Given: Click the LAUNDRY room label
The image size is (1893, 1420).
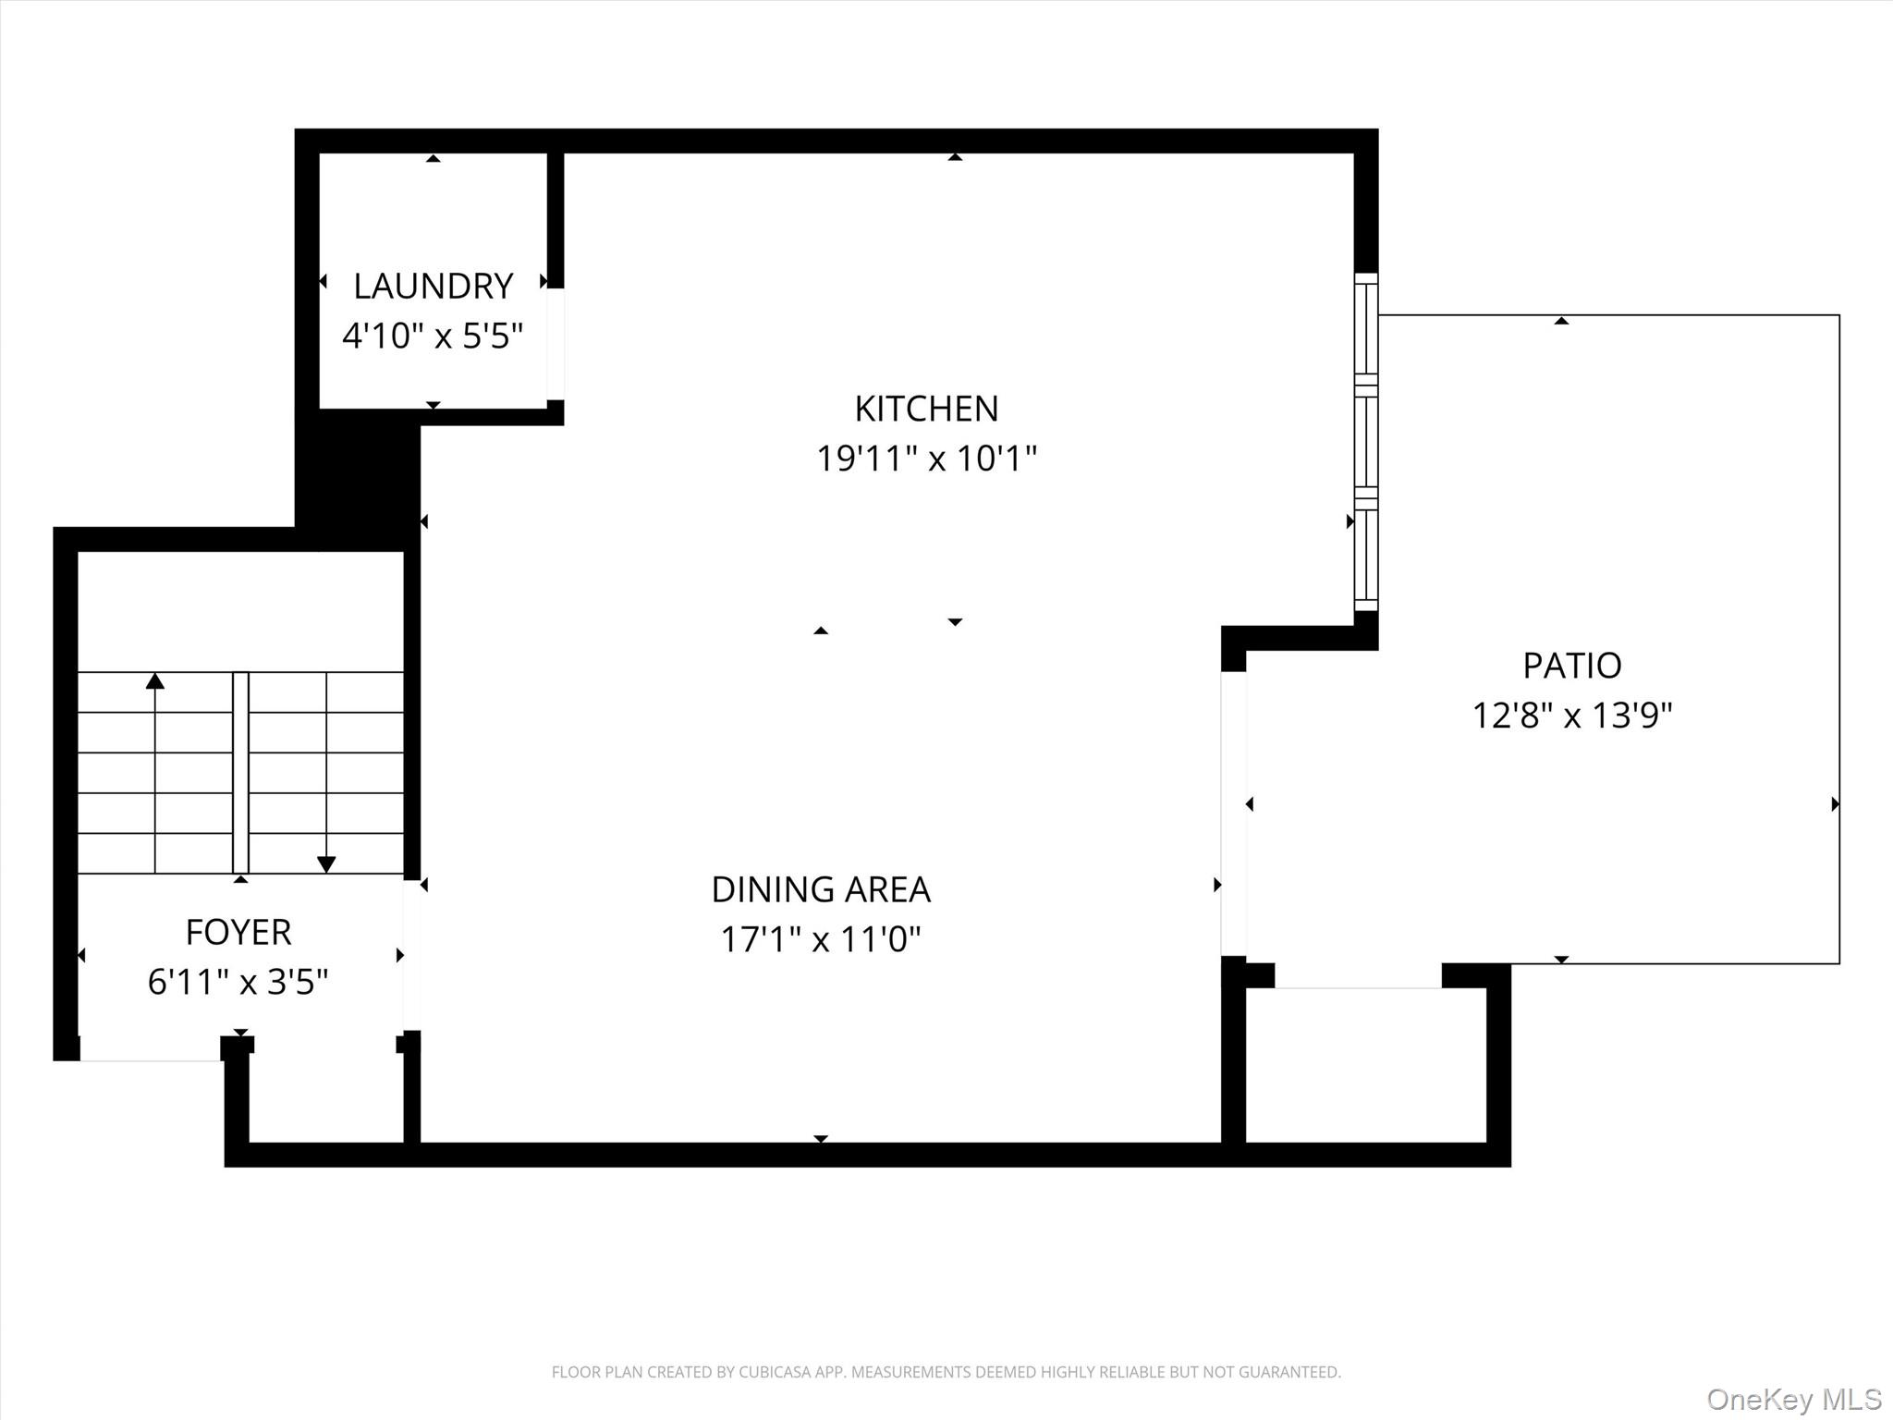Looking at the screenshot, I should pyautogui.click(x=433, y=287).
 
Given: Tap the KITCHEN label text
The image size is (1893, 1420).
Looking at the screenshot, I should pyautogui.click(x=926, y=409).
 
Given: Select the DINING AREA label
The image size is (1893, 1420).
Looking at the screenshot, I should pyautogui.click(x=820, y=889).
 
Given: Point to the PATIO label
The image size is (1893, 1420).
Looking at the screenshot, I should pyautogui.click(x=1571, y=666).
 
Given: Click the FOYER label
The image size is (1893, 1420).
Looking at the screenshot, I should pyautogui.click(x=238, y=932).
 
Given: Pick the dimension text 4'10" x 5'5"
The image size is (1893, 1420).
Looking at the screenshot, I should pyautogui.click(x=433, y=336).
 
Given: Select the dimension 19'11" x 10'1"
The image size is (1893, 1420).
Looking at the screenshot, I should pyautogui.click(x=926, y=459).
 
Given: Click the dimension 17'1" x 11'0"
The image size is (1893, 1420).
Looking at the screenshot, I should pyautogui.click(x=820, y=939).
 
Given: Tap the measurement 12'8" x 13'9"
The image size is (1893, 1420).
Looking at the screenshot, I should pyautogui.click(x=1571, y=716).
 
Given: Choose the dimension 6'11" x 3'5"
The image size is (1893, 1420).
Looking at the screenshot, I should pyautogui.click(x=238, y=982).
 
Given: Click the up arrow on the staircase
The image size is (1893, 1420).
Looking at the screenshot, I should pyautogui.click(x=155, y=682).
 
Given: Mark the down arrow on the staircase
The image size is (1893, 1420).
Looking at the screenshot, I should pyautogui.click(x=326, y=864).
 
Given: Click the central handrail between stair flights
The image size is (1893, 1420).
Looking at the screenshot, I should pyautogui.click(x=240, y=772).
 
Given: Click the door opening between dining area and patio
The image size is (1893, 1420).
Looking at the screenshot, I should pyautogui.click(x=1233, y=814).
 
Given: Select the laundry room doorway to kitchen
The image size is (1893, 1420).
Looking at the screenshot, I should pyautogui.click(x=556, y=344).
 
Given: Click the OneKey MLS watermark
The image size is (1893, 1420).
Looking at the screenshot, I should pyautogui.click(x=1793, y=1399).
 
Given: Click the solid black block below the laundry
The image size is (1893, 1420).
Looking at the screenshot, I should pyautogui.click(x=358, y=481).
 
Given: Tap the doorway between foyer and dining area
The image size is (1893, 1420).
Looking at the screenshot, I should pyautogui.click(x=412, y=955).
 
